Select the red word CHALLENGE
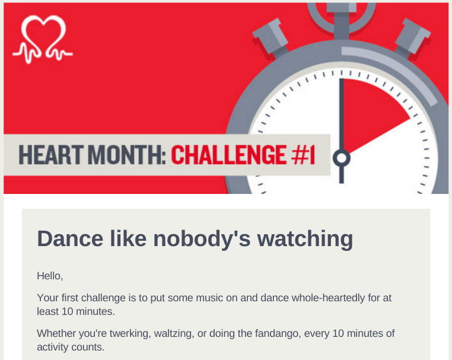(229, 155)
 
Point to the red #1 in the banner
(303, 155)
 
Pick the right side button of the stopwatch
(412, 36)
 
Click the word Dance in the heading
(70, 238)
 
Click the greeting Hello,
(50, 276)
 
